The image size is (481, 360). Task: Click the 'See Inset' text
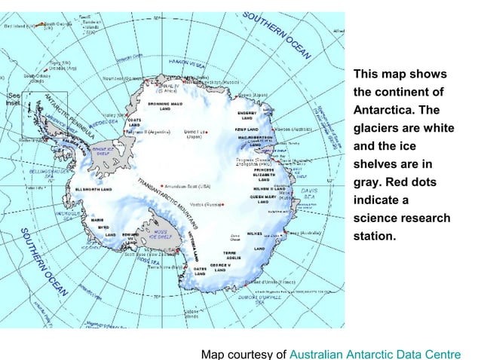pyautogui.click(x=14, y=100)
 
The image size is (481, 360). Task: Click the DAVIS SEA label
pyautogui.click(x=309, y=194)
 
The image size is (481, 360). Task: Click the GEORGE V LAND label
pyautogui.click(x=220, y=268)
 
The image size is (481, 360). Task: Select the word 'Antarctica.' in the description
pyautogui.click(x=384, y=110)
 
